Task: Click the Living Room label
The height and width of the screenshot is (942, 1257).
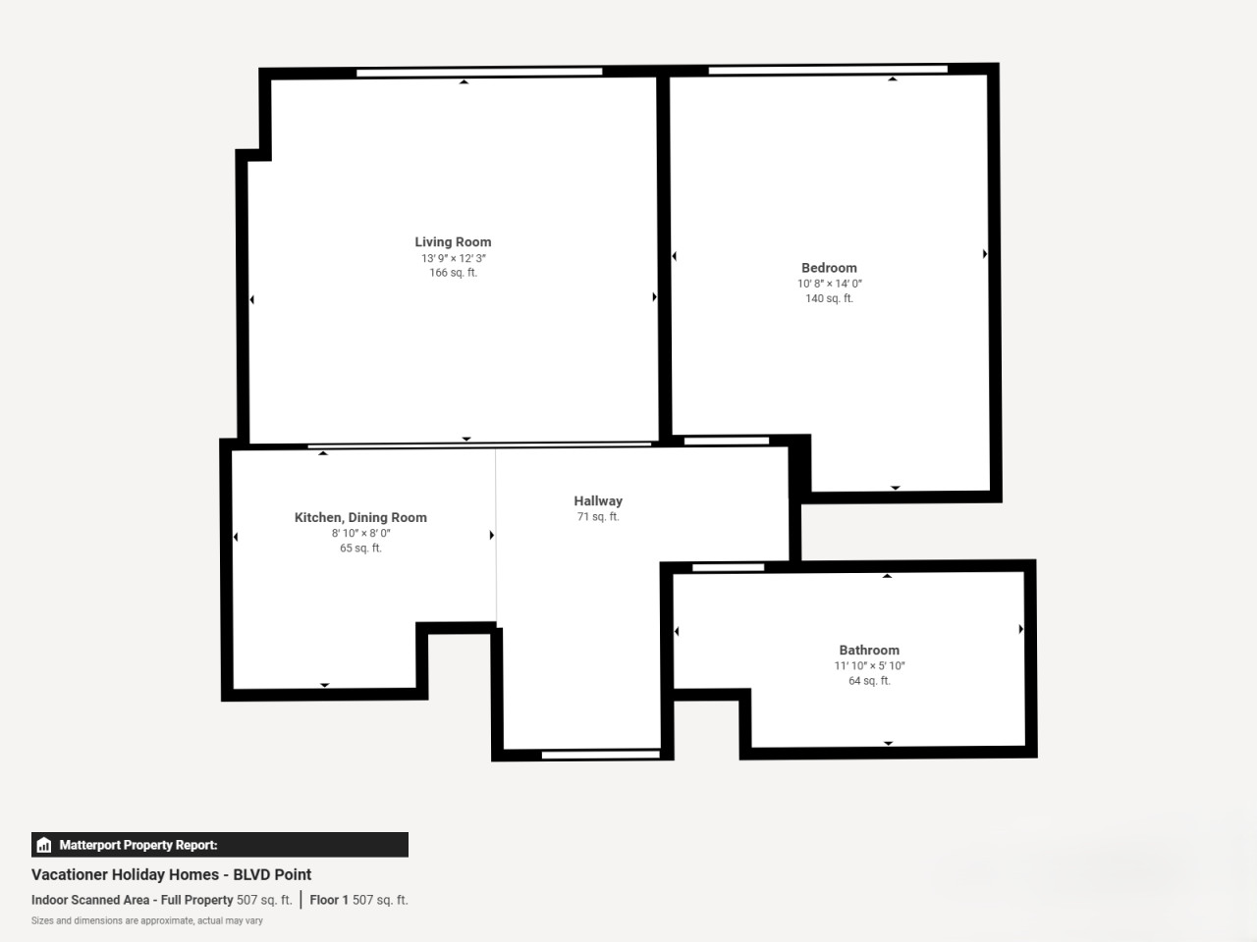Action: (x=453, y=242)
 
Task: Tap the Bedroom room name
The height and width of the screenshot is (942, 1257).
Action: (x=829, y=268)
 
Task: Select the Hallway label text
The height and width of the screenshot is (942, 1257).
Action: (x=598, y=501)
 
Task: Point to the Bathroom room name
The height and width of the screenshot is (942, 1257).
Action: (x=869, y=651)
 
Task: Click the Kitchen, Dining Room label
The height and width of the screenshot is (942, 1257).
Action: (x=360, y=518)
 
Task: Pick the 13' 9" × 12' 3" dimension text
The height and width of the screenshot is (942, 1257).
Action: (x=454, y=258)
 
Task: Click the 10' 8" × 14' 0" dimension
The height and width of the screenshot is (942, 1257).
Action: (x=830, y=284)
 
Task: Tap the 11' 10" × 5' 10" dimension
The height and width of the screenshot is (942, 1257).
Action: (x=869, y=665)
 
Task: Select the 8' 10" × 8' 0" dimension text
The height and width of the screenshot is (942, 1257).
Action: (x=360, y=533)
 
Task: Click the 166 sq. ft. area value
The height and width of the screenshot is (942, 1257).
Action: (x=454, y=273)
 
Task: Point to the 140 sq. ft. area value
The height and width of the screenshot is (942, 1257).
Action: (x=829, y=298)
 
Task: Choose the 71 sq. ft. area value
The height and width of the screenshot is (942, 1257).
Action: (x=598, y=516)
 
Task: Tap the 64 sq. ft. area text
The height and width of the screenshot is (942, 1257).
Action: (x=869, y=681)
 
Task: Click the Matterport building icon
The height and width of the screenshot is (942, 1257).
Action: (x=44, y=845)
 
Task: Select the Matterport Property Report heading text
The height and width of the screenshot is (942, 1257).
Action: (x=138, y=845)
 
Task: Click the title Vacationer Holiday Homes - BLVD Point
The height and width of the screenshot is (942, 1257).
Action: (x=171, y=874)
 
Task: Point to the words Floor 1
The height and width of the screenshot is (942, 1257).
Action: (x=329, y=900)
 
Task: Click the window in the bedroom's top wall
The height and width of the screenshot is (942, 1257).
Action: (x=828, y=70)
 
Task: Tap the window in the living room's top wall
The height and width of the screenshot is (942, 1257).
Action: (x=479, y=72)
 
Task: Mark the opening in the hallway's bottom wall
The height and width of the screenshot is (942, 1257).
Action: (x=601, y=755)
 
